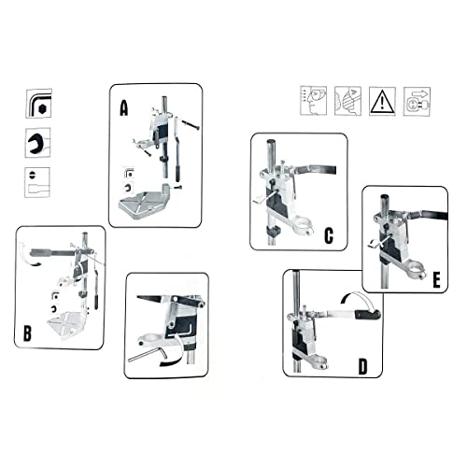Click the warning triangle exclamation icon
[383, 101]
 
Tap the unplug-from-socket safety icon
[417, 101]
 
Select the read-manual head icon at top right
[314, 101]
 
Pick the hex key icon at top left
[38, 103]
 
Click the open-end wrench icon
[38, 142]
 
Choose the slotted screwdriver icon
[38, 181]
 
